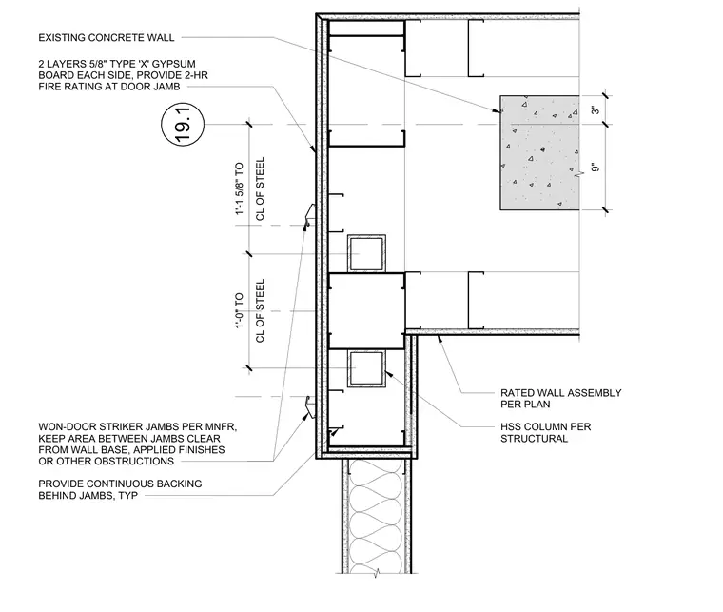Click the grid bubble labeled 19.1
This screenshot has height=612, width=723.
[183, 125]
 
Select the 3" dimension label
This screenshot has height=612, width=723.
[596, 110]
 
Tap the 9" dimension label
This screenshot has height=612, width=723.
[596, 167]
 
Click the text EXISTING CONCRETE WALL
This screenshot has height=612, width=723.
[107, 38]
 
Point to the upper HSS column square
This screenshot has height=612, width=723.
[366, 253]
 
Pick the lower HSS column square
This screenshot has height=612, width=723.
[366, 368]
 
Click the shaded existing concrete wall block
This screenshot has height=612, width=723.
[539, 152]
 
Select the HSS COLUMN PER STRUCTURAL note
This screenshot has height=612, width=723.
[546, 433]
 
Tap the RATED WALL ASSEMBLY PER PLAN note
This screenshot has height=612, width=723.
[561, 399]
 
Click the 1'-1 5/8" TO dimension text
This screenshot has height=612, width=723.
[239, 188]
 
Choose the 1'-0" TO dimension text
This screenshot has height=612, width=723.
[239, 310]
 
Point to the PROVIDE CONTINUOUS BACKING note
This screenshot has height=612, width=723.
[120, 489]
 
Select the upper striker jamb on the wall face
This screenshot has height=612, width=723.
[310, 215]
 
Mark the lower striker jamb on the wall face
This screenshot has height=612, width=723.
[310, 406]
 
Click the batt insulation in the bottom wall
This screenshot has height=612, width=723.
[377, 517]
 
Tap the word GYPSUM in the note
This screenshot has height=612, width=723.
[175, 64]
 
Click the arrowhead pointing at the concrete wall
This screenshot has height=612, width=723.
[498, 110]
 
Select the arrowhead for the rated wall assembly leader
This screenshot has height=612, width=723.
[440, 340]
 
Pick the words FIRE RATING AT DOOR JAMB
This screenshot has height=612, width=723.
[109, 87]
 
